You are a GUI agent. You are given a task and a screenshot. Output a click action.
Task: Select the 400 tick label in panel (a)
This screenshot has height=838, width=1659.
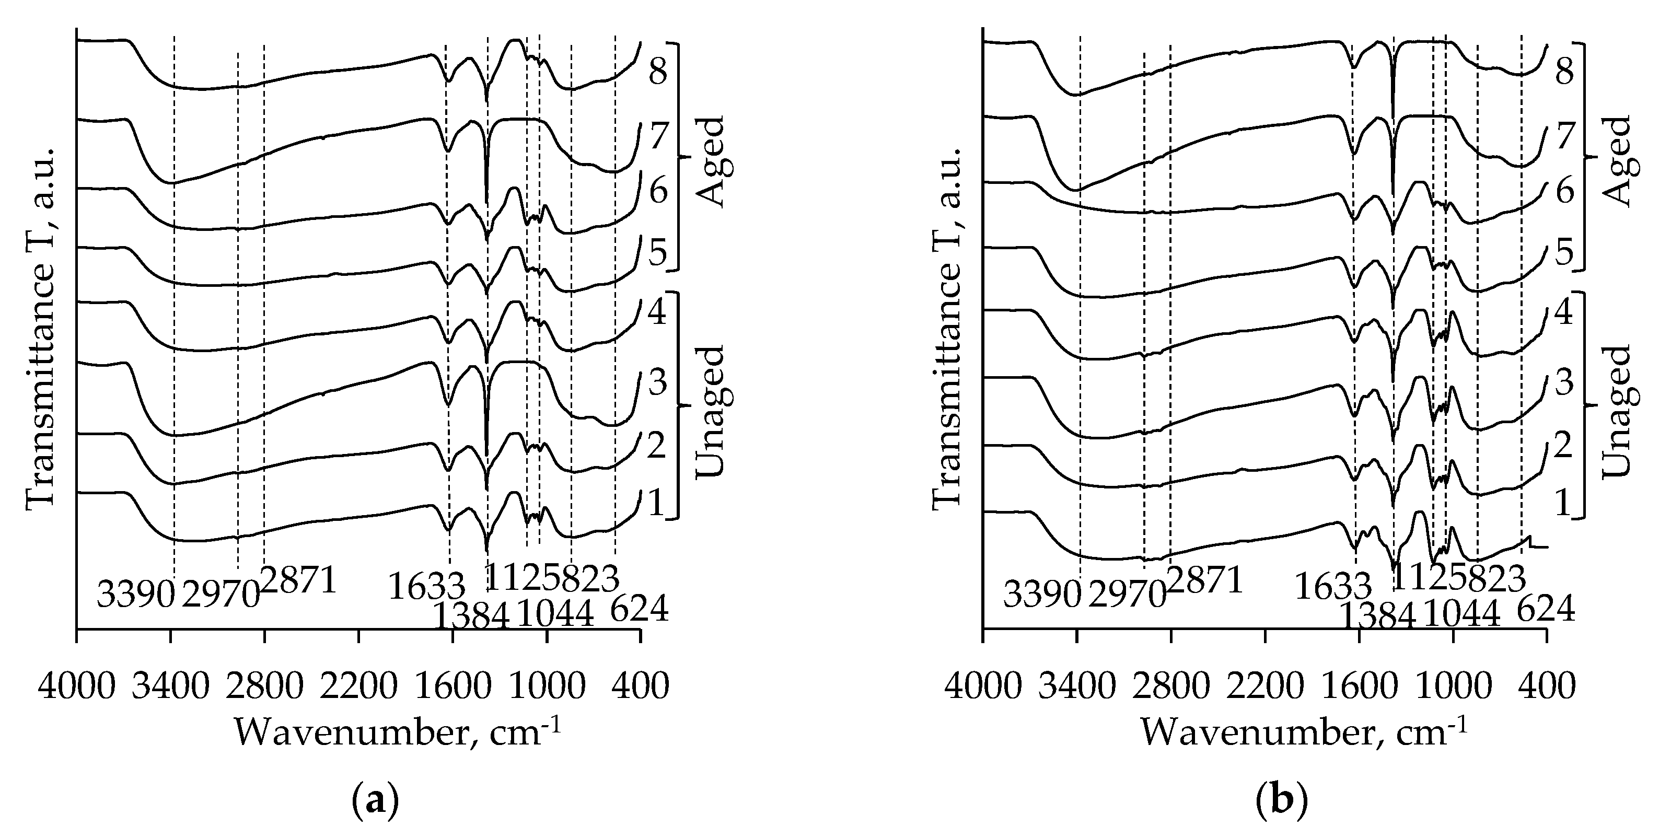point(639,688)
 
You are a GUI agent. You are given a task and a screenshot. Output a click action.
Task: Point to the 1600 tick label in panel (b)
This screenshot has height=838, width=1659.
point(1359,688)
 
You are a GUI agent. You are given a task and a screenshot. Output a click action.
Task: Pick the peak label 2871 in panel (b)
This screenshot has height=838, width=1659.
point(1204,581)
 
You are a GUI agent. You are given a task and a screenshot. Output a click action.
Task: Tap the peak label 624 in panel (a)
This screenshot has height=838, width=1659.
point(639,609)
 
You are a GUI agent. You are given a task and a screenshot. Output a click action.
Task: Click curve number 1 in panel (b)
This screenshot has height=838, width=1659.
point(1564,503)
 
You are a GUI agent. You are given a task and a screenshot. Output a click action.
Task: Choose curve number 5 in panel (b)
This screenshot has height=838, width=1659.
point(1564,254)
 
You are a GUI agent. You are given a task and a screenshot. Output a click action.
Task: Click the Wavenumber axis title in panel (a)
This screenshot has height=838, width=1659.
point(397,733)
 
